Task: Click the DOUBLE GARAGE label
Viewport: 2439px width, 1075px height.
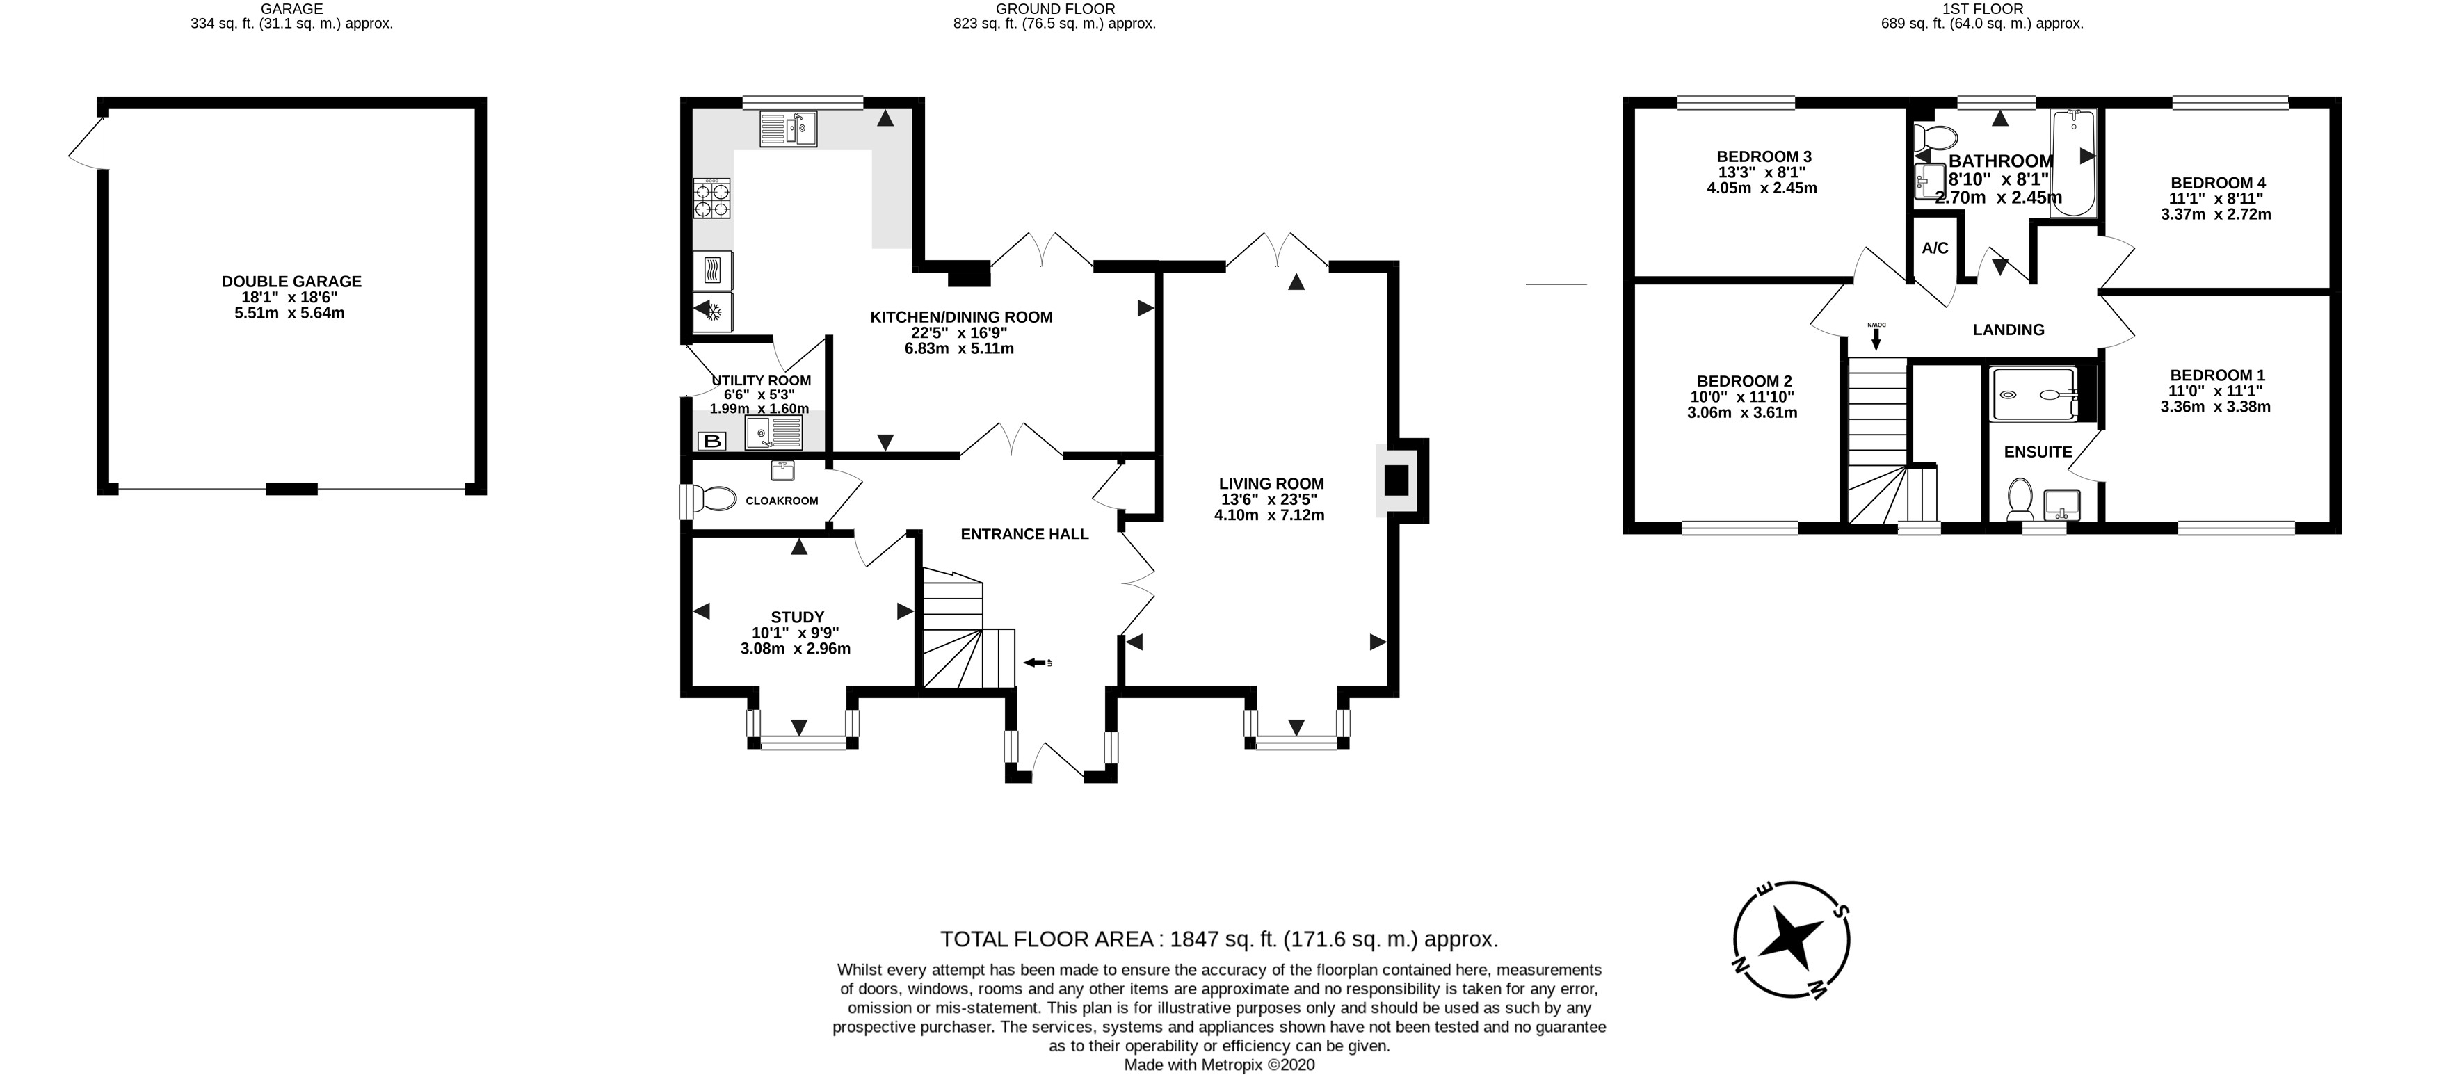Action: tap(291, 281)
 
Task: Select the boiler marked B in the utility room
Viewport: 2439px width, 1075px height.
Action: tap(711, 441)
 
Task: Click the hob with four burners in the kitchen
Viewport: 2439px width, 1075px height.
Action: tap(713, 199)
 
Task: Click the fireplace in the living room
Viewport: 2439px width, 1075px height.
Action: tap(1397, 480)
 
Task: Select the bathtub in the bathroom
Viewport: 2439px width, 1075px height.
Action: tap(2073, 163)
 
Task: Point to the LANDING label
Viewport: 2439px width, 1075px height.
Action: tap(2009, 330)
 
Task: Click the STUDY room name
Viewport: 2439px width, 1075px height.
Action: tap(797, 617)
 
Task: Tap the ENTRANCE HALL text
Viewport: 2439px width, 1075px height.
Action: tap(1024, 534)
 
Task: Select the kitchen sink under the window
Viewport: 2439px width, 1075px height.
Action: tap(788, 129)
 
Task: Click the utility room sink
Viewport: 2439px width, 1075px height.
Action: tap(773, 433)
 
